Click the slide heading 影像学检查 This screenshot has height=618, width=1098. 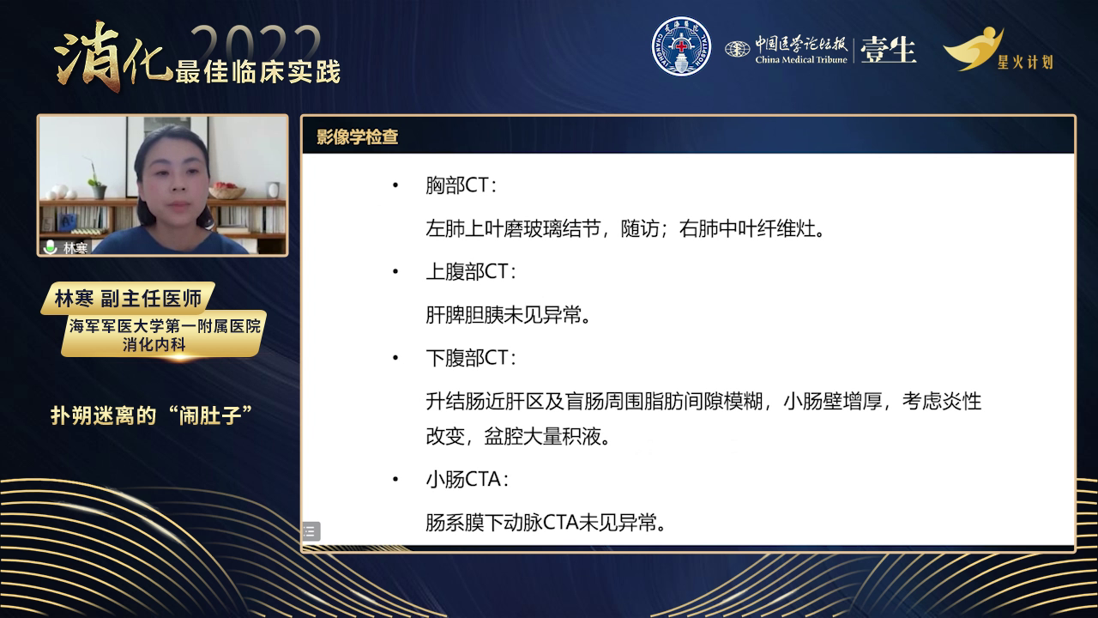pos(357,136)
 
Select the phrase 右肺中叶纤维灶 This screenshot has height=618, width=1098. pos(747,228)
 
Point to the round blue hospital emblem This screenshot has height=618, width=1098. pos(681,46)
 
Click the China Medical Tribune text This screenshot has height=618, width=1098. pos(801,60)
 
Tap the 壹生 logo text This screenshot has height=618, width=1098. pos(888,50)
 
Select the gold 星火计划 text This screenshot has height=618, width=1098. pos(1025,63)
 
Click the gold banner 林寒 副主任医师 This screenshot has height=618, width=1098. pos(129,298)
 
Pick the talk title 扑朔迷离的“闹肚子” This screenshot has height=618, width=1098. pos(152,415)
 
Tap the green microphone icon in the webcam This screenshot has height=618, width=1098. pos(50,246)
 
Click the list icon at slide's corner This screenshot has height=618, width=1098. pos(311,531)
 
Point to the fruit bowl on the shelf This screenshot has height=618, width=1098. pos(227,191)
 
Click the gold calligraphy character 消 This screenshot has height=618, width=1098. pos(88,57)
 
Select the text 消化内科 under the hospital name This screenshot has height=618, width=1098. pos(154,344)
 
